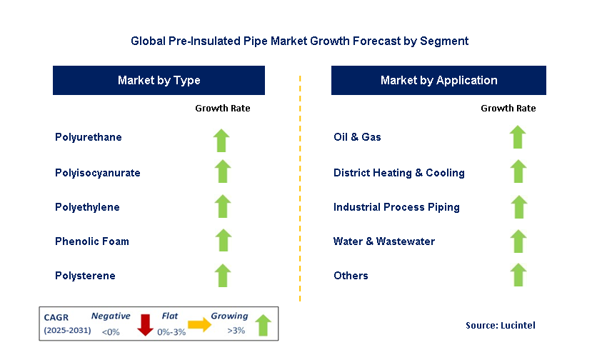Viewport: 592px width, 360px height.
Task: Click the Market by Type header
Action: [159, 81]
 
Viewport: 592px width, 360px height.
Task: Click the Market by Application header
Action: [438, 81]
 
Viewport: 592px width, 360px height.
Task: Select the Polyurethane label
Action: [89, 137]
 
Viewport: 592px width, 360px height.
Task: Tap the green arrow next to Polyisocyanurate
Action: [223, 172]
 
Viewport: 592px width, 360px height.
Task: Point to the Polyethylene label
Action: [87, 207]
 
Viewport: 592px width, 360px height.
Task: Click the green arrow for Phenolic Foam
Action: [223, 241]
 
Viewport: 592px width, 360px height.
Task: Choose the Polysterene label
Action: [85, 276]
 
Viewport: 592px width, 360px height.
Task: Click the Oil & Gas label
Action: [357, 137]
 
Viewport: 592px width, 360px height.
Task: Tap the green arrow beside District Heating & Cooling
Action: [518, 172]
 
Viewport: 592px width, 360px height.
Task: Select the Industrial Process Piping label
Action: [396, 207]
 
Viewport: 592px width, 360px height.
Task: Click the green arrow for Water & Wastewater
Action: [518, 241]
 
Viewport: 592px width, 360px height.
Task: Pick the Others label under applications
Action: [351, 276]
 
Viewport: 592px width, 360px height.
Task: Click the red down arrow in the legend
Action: [146, 324]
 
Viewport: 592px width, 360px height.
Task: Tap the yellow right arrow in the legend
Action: [200, 325]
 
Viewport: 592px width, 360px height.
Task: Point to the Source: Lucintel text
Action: [500, 325]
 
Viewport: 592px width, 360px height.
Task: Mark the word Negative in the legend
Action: [111, 316]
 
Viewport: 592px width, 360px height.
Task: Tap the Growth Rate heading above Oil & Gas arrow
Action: [508, 109]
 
